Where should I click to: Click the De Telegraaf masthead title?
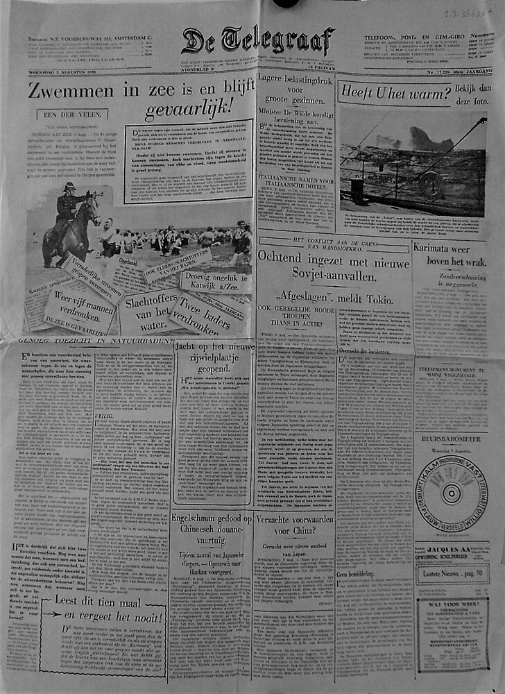pyautogui.click(x=257, y=41)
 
